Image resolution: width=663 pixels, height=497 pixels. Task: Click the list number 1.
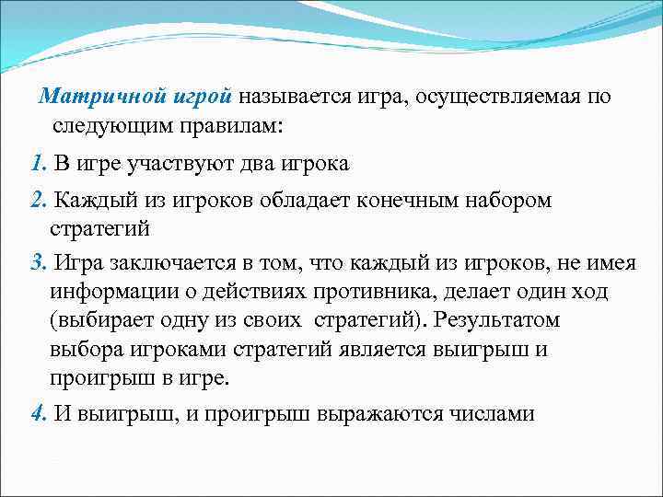click(x=37, y=164)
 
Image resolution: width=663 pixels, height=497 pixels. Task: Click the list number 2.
click(x=38, y=200)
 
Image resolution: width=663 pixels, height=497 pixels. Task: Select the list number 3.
click(x=38, y=264)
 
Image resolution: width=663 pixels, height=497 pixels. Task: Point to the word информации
click(x=115, y=292)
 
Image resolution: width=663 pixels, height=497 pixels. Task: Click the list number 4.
click(x=38, y=413)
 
